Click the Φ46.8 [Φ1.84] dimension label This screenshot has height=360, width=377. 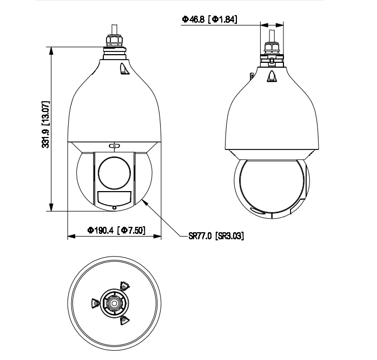click(209, 19)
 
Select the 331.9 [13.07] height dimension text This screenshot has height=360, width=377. click(45, 125)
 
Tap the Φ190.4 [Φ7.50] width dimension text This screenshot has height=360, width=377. click(116, 230)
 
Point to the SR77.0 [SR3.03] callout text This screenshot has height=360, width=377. click(216, 236)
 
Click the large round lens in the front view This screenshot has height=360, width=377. click(115, 173)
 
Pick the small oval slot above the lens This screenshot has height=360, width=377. click(115, 146)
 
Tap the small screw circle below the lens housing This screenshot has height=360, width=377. click(115, 208)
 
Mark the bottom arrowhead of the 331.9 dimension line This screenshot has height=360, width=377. click(51, 206)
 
